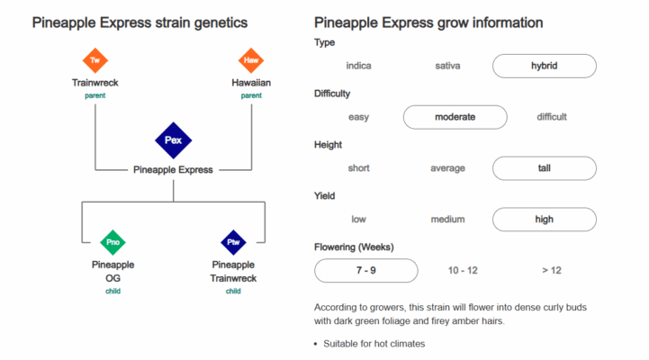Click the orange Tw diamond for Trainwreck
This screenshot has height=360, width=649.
tap(95, 60)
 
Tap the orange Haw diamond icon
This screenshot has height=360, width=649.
tap(251, 60)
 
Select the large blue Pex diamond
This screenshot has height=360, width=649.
tap(174, 140)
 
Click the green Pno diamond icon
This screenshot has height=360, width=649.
tap(113, 242)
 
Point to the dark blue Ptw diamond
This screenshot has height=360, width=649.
tap(233, 242)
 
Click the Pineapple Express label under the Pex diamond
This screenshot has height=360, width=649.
tap(173, 170)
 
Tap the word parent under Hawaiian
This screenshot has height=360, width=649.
tap(251, 95)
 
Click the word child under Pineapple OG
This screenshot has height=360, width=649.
tap(113, 291)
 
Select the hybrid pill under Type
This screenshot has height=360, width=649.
tap(545, 66)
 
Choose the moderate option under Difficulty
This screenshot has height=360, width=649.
tap(455, 117)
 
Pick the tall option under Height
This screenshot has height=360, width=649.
tap(545, 168)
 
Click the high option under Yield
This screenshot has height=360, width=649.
tap(545, 220)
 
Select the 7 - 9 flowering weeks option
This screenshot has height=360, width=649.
tap(366, 271)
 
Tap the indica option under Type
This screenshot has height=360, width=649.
tap(359, 66)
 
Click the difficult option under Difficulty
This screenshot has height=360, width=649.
tap(552, 117)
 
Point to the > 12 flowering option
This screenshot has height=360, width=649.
tap(552, 271)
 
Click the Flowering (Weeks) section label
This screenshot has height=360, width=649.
tap(354, 247)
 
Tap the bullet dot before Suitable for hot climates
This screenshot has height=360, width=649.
tap(316, 344)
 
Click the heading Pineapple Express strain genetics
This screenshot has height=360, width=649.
tap(140, 22)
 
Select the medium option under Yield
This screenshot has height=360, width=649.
tap(448, 220)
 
